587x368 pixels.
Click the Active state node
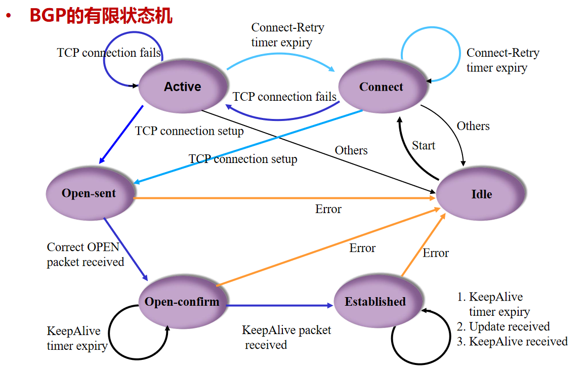click(x=182, y=87)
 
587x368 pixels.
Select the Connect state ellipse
click(x=381, y=87)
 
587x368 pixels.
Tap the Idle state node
click(x=481, y=194)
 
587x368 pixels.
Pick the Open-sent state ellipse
click(x=89, y=193)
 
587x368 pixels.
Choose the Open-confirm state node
click(x=182, y=302)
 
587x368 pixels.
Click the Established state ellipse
click(x=375, y=302)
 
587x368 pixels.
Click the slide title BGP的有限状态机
click(x=101, y=16)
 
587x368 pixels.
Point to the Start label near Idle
click(x=423, y=146)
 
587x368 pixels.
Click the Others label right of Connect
click(x=473, y=126)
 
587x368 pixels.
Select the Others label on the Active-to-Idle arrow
click(x=351, y=150)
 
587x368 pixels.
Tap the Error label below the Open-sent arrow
click(x=328, y=209)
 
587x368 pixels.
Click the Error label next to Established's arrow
click(x=436, y=253)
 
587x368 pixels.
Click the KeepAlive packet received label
click(x=286, y=338)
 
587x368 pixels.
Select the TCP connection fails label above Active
click(x=109, y=53)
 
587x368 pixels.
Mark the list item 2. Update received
click(x=503, y=326)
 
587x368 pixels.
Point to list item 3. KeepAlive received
click(x=512, y=342)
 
